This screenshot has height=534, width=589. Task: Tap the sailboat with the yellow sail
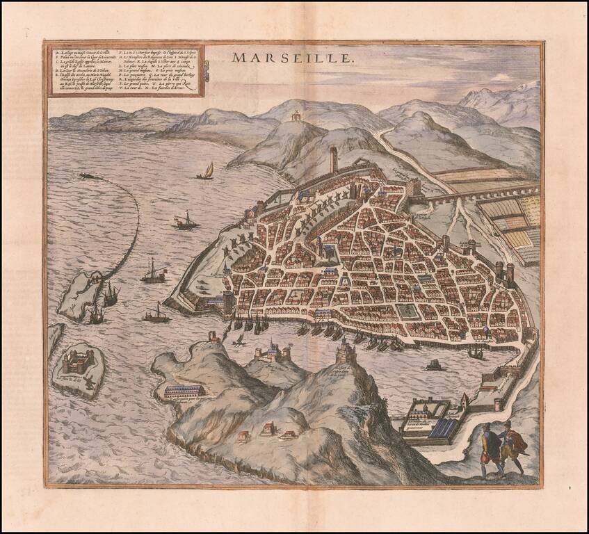(x=206, y=171)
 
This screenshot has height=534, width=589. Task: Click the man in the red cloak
(x=513, y=448)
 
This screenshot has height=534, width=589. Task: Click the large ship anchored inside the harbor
(x=476, y=353)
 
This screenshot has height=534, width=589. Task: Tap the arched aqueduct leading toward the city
(x=480, y=192)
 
